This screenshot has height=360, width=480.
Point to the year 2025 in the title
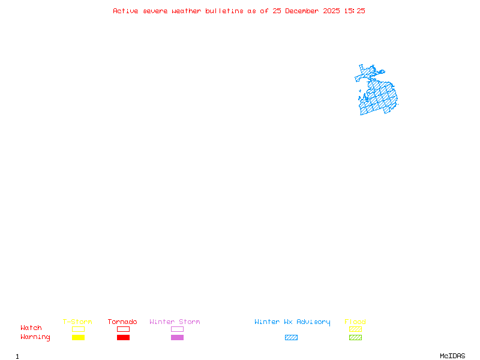tap(332, 11)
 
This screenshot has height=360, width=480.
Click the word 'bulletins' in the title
tap(224, 11)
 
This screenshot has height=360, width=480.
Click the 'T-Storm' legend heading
tap(77, 322)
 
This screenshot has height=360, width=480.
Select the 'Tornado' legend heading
tap(122, 322)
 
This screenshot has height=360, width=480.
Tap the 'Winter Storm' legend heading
tap(175, 322)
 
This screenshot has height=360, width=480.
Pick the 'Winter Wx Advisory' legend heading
tap(292, 322)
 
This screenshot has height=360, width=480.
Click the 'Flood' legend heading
tap(355, 322)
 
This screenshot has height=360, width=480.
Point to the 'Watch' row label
tap(31, 328)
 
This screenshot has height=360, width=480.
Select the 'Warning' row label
tap(35, 337)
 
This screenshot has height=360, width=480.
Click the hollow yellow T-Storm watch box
tap(78, 329)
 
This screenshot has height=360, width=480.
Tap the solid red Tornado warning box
tap(123, 337)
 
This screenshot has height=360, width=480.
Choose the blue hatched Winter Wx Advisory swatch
tap(291, 337)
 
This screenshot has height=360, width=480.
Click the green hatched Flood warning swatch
tap(355, 337)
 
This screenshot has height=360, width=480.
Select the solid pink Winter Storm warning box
tap(177, 337)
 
